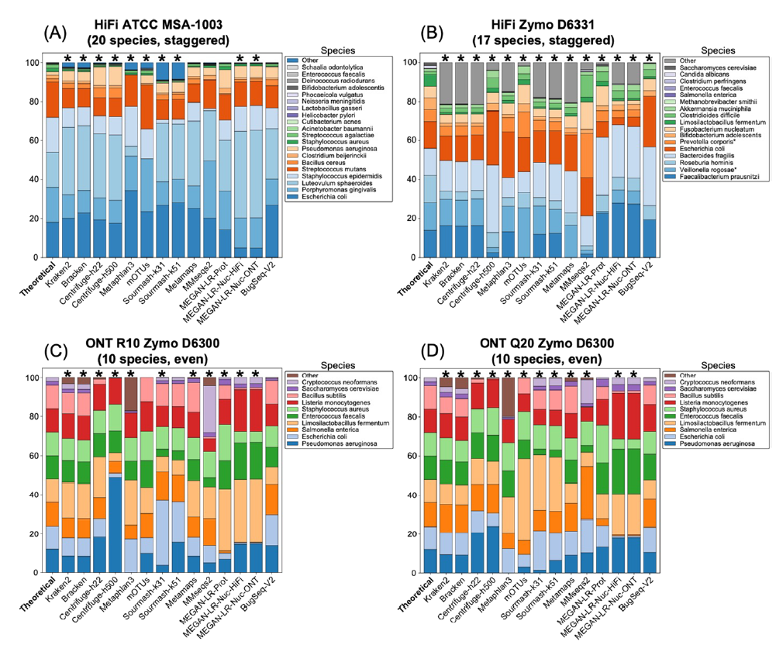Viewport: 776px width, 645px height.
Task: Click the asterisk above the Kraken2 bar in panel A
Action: click(x=68, y=58)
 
